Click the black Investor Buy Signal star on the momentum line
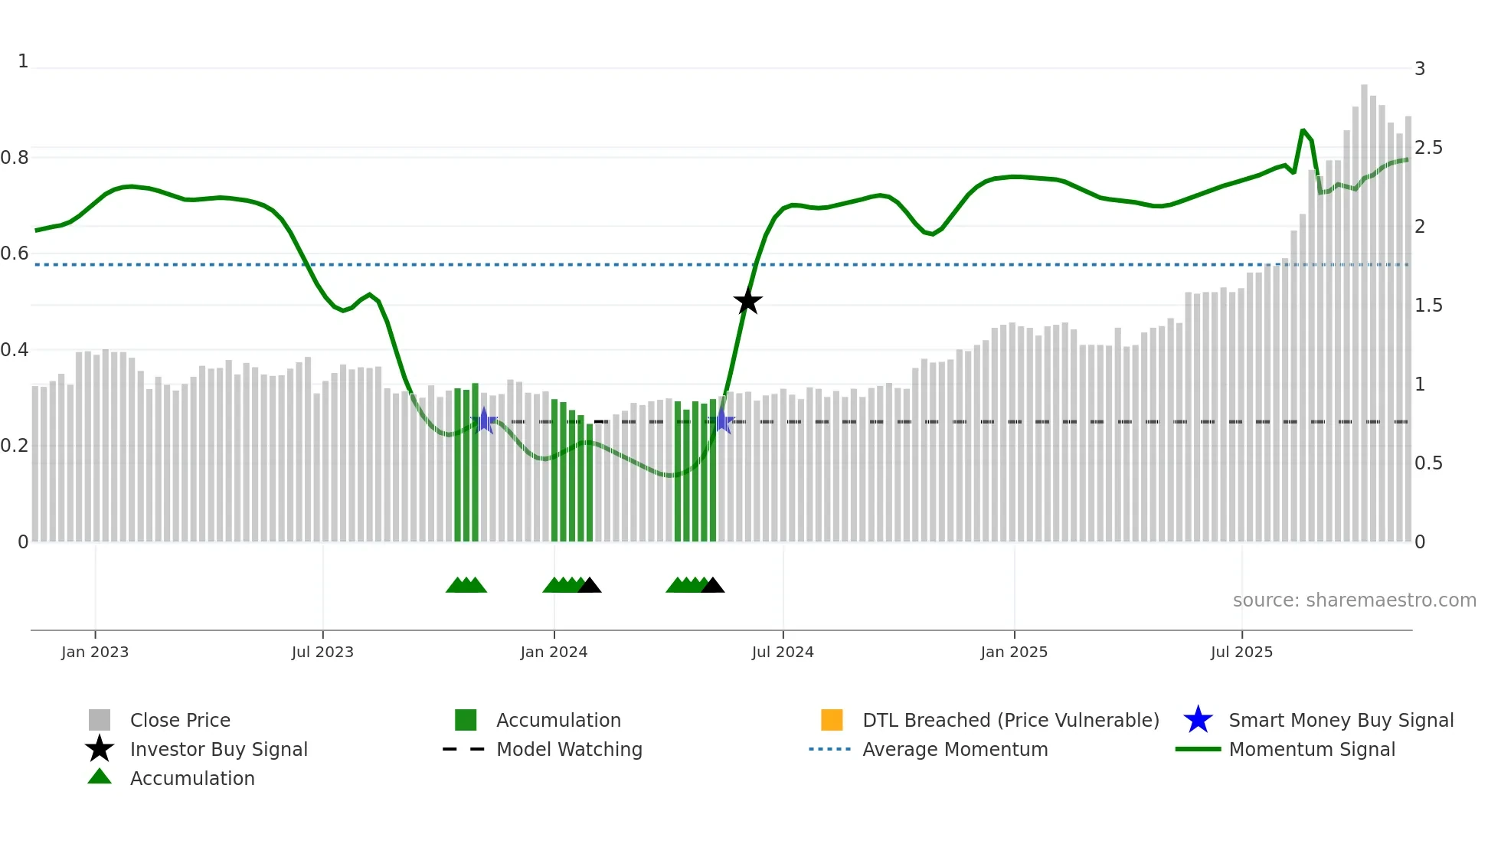click(x=747, y=301)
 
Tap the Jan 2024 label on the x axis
click(x=554, y=652)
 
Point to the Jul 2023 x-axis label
click(x=322, y=652)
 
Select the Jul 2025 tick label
click(x=1241, y=652)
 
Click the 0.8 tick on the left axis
click(x=15, y=158)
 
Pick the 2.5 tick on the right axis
click(x=1428, y=148)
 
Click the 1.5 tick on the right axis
click(x=1428, y=306)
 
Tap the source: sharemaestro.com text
click(x=1354, y=600)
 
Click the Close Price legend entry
click(x=180, y=720)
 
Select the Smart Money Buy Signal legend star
click(x=1198, y=720)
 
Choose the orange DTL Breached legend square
click(x=832, y=720)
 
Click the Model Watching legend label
click(x=569, y=749)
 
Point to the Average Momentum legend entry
click(x=955, y=749)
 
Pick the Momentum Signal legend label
click(x=1312, y=749)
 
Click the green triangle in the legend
click(x=100, y=777)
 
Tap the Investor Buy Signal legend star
click(x=100, y=749)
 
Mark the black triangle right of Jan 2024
click(x=589, y=586)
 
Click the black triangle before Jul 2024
click(x=712, y=586)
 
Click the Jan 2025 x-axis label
click(x=1014, y=652)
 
